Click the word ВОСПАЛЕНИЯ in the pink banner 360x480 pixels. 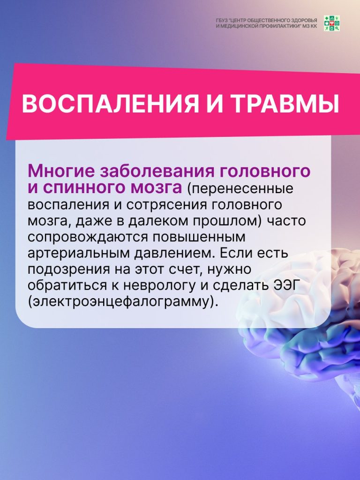[110, 104]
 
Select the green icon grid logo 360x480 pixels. [332, 23]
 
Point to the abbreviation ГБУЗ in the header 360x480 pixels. [222, 21]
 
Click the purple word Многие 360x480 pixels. [61, 171]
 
